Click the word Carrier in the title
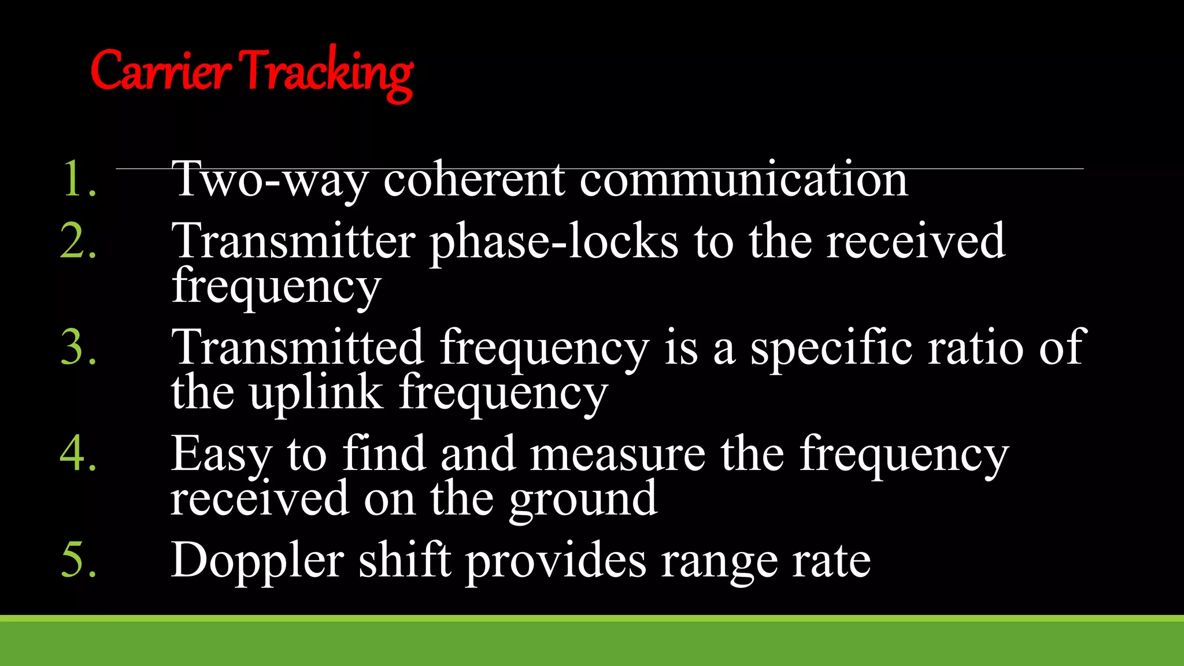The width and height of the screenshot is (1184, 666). tap(161, 72)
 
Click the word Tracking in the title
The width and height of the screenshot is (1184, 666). tap(327, 73)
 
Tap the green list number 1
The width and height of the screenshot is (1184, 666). tap(77, 179)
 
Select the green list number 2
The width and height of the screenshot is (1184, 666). tap(77, 240)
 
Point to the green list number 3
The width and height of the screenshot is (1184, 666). tap(77, 347)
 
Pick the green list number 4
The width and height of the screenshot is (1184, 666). tap(77, 453)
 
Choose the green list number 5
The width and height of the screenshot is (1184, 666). tap(77, 560)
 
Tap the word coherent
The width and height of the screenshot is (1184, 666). tap(474, 179)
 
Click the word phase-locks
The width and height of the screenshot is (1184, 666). tap(554, 242)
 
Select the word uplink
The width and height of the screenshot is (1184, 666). tap(317, 393)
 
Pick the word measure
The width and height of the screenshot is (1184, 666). tap(617, 454)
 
